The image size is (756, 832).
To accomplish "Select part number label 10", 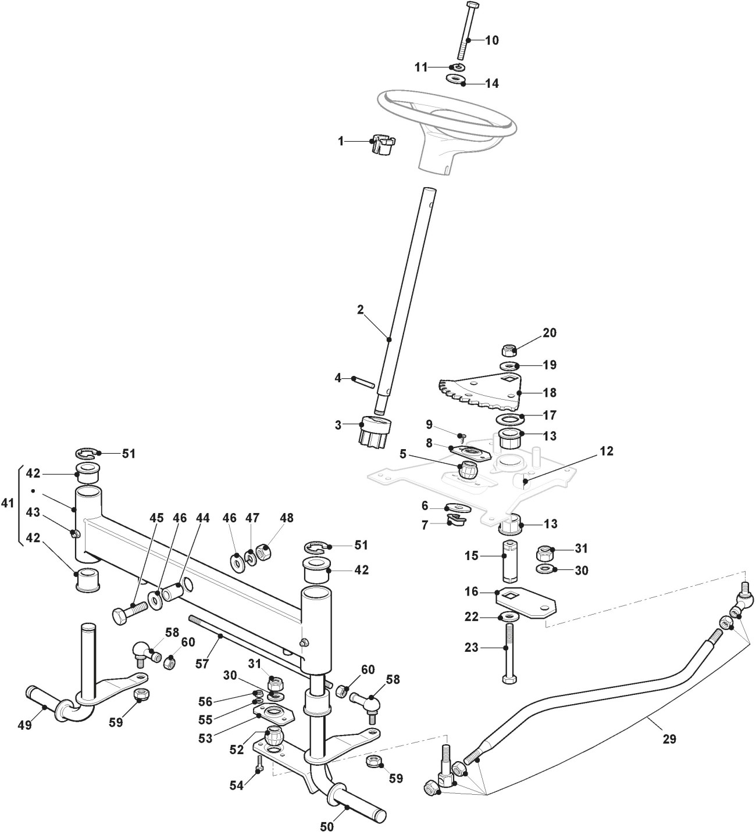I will [491, 40].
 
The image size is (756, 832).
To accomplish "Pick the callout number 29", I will [669, 740].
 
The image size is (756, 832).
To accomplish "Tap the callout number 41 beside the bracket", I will [8, 503].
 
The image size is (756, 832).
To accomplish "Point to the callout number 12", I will [607, 451].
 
